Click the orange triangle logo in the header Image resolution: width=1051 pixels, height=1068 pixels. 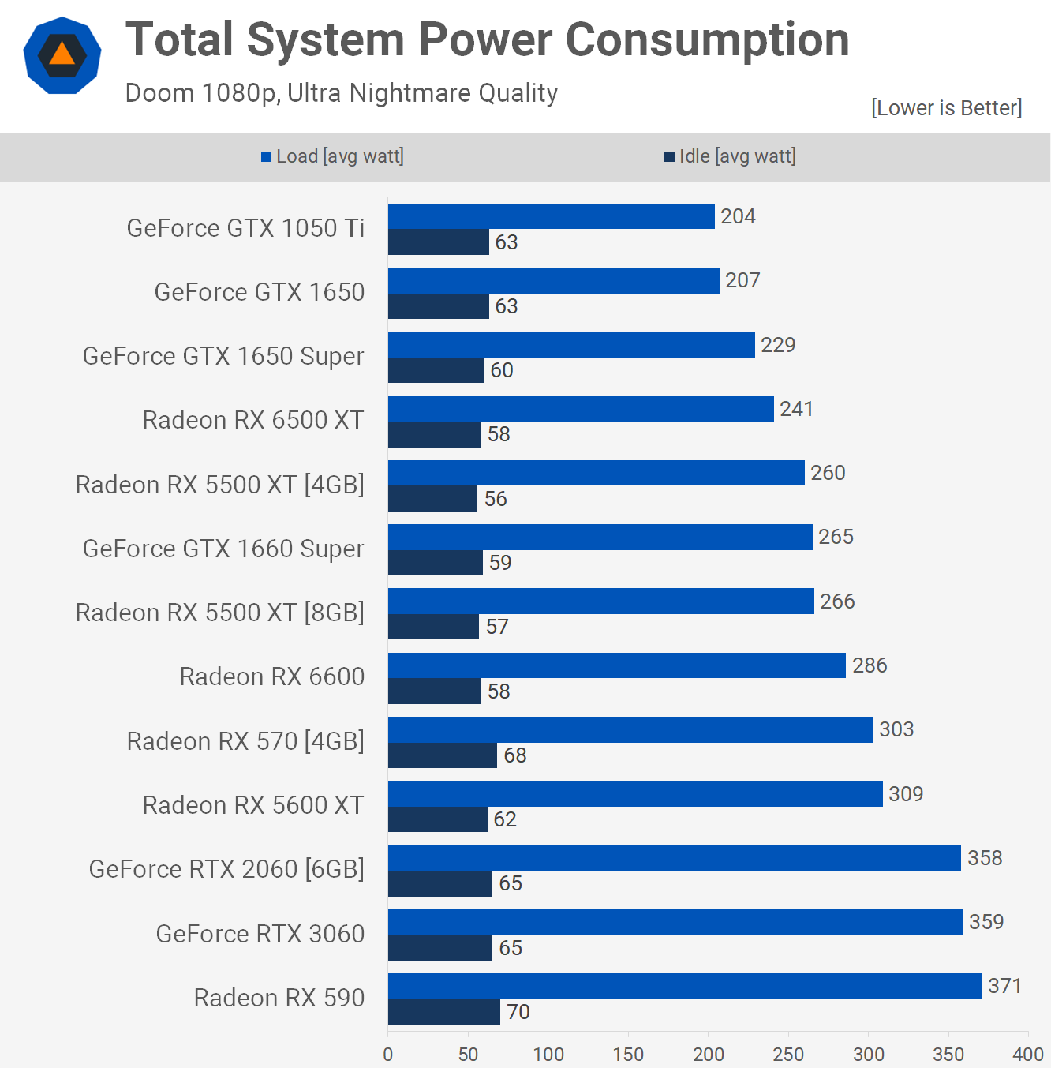click(x=62, y=55)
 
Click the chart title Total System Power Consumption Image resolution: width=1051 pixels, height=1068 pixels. click(x=487, y=39)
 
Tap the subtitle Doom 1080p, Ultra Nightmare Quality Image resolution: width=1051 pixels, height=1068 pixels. click(x=341, y=93)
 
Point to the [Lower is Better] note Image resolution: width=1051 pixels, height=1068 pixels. click(x=946, y=107)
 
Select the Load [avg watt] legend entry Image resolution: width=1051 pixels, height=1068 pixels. click(x=332, y=156)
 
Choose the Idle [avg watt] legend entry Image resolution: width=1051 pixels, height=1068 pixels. click(x=730, y=156)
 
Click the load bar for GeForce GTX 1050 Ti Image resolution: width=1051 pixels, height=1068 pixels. click(x=551, y=216)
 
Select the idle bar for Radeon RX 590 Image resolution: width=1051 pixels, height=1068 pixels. click(x=443, y=1012)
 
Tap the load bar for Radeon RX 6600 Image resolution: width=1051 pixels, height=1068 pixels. click(x=616, y=665)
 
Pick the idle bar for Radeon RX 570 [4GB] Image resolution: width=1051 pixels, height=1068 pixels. click(x=442, y=755)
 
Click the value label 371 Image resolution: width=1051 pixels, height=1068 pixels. click(x=1004, y=986)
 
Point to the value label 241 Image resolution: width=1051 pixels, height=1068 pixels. click(x=796, y=409)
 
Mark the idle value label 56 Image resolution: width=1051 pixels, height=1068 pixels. click(x=496, y=499)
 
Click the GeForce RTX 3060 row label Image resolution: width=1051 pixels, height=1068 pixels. click(x=260, y=934)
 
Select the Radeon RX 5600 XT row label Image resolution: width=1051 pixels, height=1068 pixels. click(x=252, y=805)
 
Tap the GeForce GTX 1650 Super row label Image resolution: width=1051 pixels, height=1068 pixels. click(x=223, y=356)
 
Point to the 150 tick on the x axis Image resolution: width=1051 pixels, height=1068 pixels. click(x=628, y=1054)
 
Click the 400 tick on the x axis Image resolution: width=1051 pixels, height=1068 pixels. click(x=1028, y=1054)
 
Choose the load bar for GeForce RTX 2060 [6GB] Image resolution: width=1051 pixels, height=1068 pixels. click(x=674, y=858)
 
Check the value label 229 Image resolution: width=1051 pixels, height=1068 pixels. click(x=778, y=345)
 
